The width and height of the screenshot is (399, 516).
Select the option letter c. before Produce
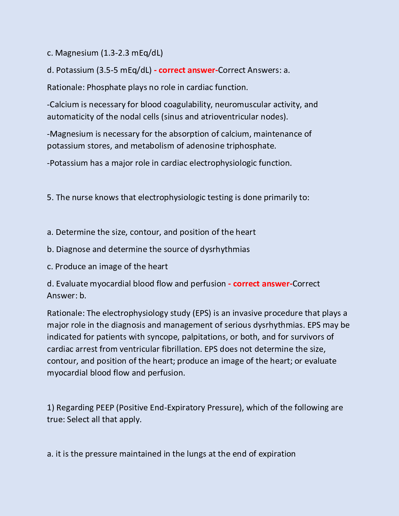50,266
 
